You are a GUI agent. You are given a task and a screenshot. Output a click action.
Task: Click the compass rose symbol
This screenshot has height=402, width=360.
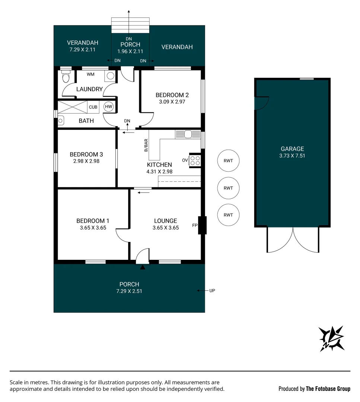331,338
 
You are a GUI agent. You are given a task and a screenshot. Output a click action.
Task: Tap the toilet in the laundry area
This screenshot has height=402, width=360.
66,77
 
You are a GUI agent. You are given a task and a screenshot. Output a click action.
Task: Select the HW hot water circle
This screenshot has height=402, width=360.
108,107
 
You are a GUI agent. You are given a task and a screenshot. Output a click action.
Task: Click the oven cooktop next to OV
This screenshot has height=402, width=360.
195,160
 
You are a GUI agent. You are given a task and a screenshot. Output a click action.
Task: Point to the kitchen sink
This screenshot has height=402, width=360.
187,134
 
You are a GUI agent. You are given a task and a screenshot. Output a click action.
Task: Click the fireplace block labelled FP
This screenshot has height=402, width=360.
202,225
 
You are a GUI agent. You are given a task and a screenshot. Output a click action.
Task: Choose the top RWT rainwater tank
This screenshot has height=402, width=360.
228,161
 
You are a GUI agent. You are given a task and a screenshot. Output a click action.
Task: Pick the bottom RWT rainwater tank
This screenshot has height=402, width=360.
228,215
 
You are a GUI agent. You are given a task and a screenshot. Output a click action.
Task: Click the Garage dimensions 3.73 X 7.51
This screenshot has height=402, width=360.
292,156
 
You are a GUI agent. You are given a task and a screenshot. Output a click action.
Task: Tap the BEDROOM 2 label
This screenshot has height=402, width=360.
172,95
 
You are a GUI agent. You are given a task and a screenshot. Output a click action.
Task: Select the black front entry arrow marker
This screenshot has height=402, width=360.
142,267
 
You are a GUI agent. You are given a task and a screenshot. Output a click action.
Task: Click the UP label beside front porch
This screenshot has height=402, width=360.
212,290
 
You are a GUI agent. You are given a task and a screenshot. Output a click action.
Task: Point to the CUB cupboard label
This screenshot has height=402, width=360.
93,107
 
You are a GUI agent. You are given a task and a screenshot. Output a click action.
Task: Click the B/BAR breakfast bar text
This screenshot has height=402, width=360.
146,145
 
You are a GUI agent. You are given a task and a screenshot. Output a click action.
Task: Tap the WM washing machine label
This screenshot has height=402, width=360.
90,74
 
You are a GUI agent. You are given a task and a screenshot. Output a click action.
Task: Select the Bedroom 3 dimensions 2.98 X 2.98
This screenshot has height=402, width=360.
86,161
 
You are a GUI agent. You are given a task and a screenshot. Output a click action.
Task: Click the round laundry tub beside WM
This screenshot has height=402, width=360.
110,76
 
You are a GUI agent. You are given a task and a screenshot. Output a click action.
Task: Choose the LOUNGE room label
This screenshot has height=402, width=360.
166,221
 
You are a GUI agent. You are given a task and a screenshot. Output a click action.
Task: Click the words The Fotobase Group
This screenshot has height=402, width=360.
328,389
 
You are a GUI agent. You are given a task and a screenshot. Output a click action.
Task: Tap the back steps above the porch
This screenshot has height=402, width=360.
131,25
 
